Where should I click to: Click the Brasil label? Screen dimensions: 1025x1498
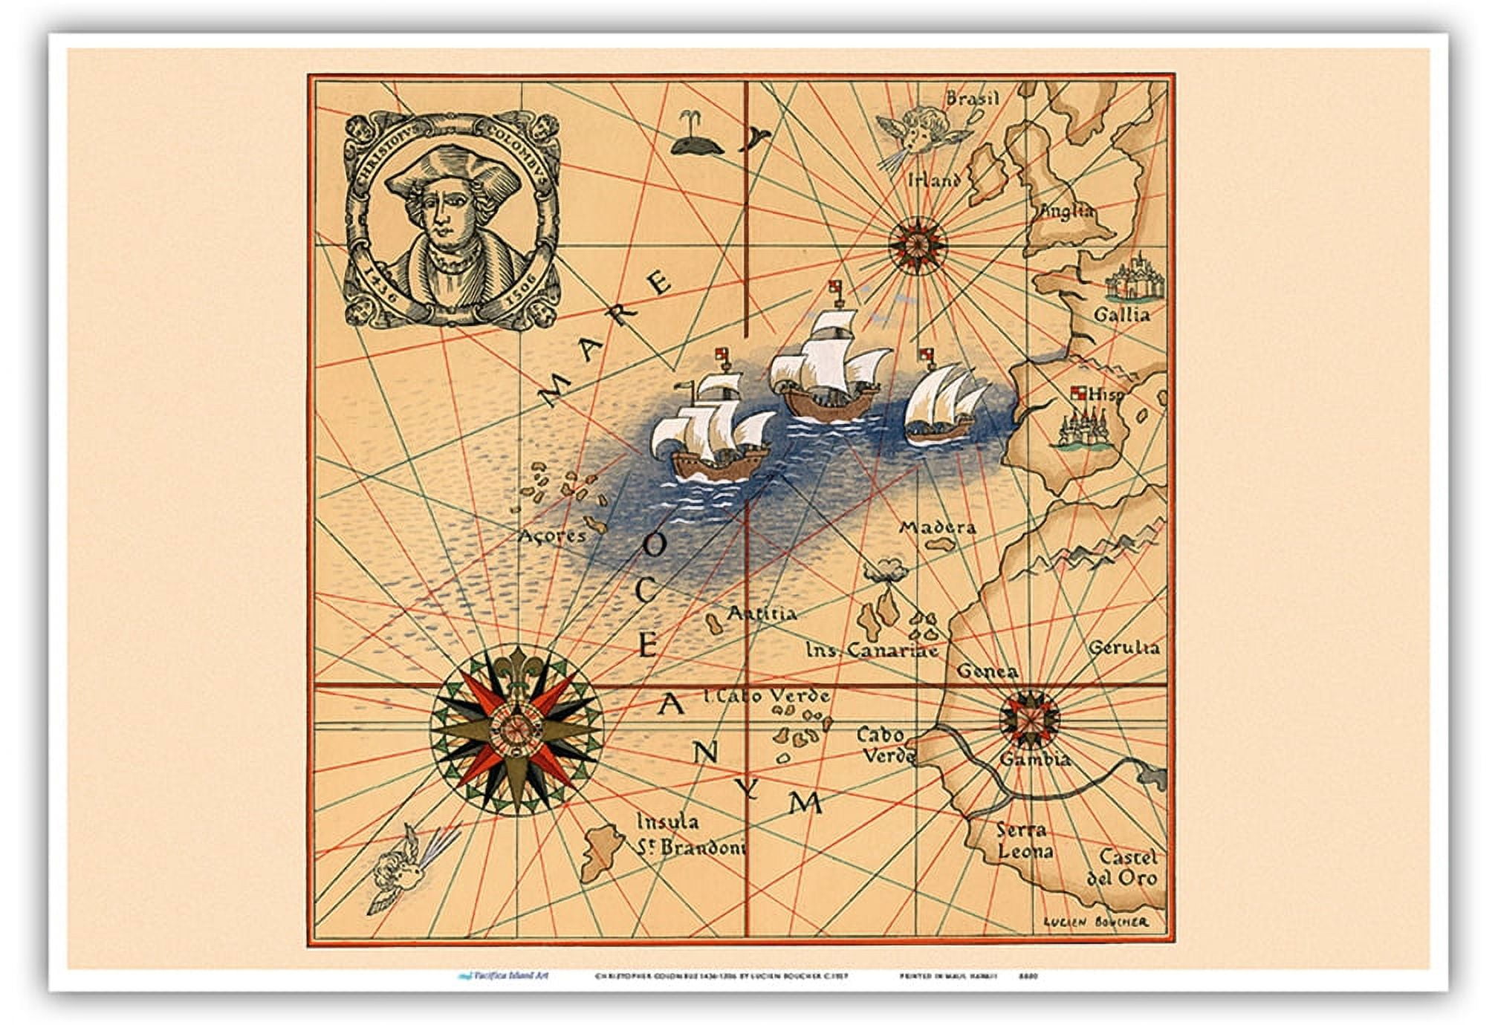pos(973,99)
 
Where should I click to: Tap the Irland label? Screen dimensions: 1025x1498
pos(934,180)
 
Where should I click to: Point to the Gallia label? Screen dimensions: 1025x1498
pos(1121,315)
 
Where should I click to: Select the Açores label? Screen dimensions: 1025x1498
pos(552,535)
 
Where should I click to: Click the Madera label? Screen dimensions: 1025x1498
pos(938,528)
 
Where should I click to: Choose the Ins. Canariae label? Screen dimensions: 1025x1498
pos(872,651)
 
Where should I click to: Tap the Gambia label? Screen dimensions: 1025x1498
pos(1034,759)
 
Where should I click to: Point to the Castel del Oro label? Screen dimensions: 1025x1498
pos(1123,868)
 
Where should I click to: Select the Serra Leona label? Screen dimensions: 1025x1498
pos(1024,840)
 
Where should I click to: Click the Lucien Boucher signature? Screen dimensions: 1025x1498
pos(1096,922)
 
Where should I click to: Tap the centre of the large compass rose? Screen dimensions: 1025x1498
pos(516,727)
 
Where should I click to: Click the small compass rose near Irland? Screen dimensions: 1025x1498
pos(918,242)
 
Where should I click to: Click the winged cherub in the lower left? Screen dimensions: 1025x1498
pos(394,868)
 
